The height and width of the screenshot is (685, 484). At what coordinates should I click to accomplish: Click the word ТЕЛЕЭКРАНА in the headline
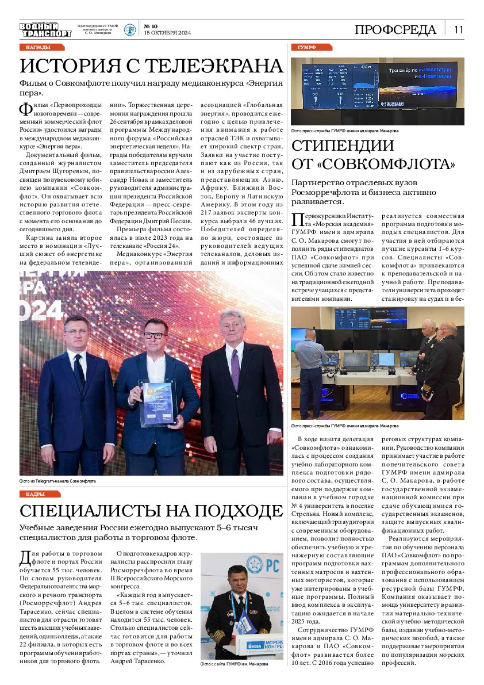pyautogui.click(x=206, y=66)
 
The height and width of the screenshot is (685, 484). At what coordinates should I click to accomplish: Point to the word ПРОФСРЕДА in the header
pyautogui.click(x=395, y=30)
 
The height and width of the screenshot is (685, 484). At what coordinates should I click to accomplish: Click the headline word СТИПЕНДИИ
pyautogui.click(x=343, y=146)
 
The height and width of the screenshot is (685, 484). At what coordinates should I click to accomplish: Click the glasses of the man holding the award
pyautogui.click(x=153, y=335)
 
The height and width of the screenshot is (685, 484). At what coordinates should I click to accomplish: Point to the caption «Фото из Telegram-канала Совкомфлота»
pyautogui.click(x=57, y=480)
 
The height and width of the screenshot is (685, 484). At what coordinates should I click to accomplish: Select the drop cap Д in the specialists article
pyautogui.click(x=25, y=556)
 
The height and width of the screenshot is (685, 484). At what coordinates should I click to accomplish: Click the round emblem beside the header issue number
pyautogui.click(x=130, y=30)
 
